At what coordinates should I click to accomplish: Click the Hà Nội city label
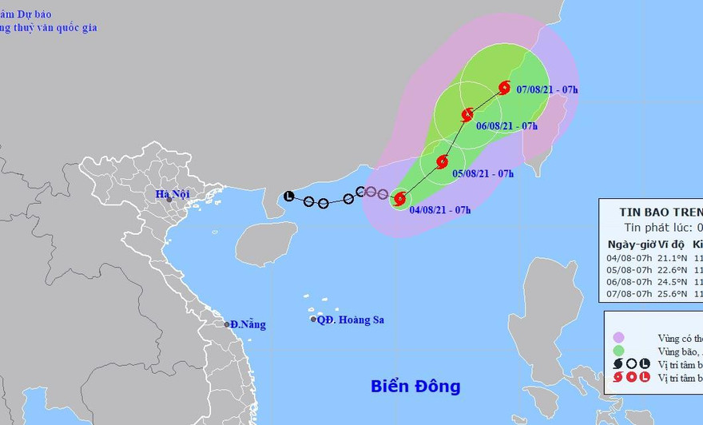point(172,194)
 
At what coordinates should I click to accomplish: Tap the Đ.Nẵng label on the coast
point(248,324)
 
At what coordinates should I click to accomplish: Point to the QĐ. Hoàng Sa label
point(351,320)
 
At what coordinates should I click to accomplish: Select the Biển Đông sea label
point(415,387)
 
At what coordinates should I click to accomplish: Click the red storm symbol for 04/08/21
point(400,198)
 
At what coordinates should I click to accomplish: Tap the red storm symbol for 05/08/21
point(442,162)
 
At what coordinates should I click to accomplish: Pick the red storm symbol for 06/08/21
point(467,114)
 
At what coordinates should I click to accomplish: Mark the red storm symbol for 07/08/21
point(504,88)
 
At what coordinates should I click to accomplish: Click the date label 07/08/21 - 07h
point(547,89)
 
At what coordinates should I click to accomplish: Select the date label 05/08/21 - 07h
point(483,173)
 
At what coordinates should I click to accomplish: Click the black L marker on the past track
point(289,197)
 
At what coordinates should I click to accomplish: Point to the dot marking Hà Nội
point(169,200)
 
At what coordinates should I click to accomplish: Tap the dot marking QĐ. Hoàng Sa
point(313,320)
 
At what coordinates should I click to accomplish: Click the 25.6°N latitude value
point(668,293)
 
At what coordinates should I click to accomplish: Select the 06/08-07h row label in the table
point(630,281)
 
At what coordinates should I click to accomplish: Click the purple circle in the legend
point(618,338)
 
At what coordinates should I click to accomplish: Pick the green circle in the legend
point(618,351)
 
